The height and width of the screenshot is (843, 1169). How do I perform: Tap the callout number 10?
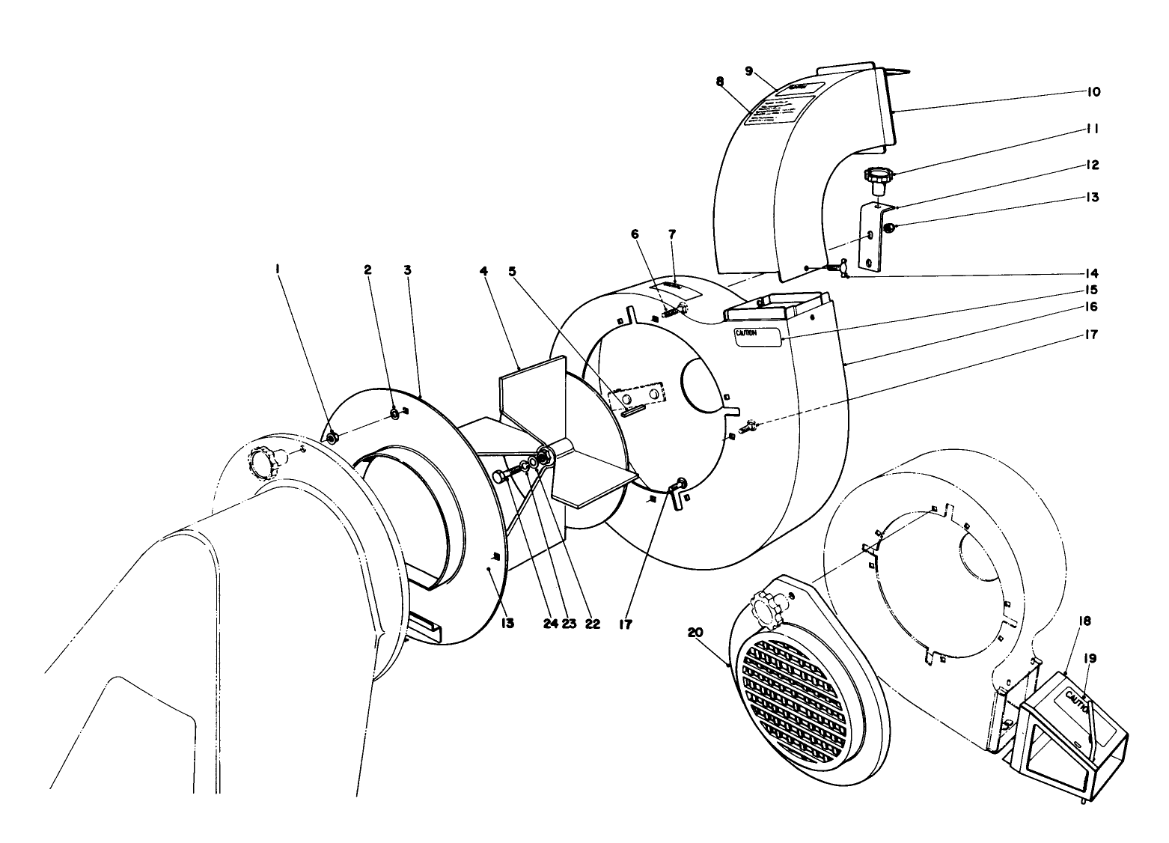tap(1093, 92)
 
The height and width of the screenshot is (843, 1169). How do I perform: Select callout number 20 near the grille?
tap(695, 633)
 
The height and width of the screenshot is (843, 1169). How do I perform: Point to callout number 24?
tap(551, 624)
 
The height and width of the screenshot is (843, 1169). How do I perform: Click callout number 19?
tap(1090, 659)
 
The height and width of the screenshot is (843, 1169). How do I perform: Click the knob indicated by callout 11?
tap(879, 178)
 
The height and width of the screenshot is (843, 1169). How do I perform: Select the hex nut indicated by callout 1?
tap(332, 436)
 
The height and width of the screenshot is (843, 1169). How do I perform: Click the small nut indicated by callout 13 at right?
tap(887, 228)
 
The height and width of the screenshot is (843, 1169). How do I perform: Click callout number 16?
tap(1091, 307)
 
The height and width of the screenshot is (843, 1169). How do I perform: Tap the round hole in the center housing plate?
tap(703, 384)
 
